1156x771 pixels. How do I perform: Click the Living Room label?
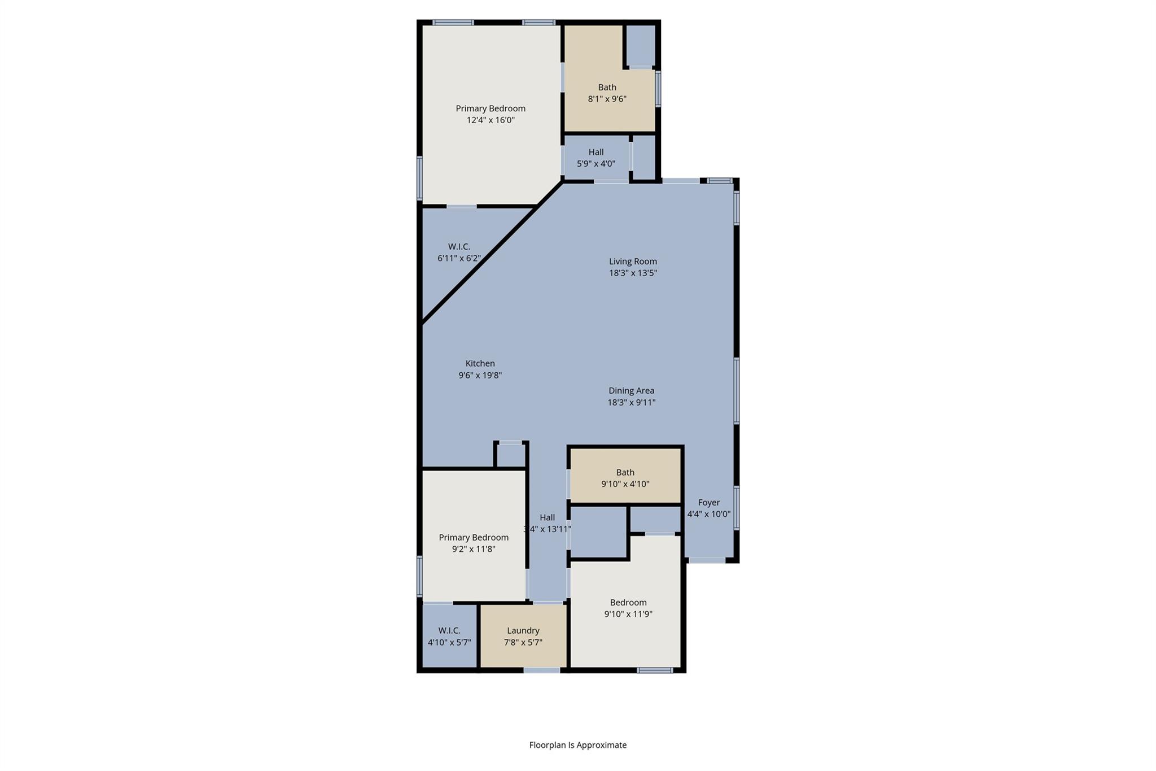coord(632,262)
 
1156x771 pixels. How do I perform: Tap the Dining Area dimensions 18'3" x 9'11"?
coord(631,403)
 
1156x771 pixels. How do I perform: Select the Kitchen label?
coord(480,364)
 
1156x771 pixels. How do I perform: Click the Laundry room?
coord(523,636)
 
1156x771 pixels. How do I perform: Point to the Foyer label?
coord(708,503)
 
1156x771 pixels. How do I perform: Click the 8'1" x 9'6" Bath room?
coord(607,93)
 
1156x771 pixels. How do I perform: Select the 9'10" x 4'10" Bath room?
coord(625,478)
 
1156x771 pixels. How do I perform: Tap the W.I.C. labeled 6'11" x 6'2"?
coord(458,252)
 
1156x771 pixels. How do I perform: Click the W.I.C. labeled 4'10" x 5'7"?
coord(449,636)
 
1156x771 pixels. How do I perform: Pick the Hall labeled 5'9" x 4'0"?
coord(596,158)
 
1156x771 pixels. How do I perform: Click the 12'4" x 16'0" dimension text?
coord(491,120)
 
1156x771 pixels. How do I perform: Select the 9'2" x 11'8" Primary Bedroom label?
coord(474,538)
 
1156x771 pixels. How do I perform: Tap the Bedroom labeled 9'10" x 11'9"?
coord(628,608)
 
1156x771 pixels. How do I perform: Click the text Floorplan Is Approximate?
coord(577,745)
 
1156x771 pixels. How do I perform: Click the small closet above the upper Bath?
coord(641,45)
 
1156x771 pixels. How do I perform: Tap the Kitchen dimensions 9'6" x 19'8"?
coord(480,375)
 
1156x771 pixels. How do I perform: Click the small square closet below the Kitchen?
coord(511,455)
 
